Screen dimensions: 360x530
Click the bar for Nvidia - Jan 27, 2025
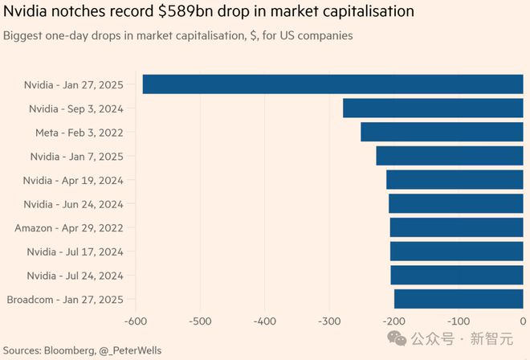point(332,84)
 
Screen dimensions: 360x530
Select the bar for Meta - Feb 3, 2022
point(442,132)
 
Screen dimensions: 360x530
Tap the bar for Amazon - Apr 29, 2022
point(457,227)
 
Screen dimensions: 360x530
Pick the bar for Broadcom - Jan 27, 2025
point(459,300)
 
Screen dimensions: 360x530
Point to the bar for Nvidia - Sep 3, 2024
point(434,108)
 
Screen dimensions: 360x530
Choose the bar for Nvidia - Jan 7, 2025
point(450,156)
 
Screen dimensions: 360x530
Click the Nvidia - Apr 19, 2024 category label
point(72,180)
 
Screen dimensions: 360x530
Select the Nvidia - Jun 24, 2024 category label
point(73,204)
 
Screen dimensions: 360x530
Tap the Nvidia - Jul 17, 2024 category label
point(75,252)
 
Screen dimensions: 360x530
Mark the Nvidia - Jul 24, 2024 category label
point(75,276)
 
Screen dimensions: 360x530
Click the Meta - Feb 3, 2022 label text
point(79,133)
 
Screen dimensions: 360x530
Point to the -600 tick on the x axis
point(135,321)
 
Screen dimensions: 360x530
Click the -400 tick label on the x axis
point(264,321)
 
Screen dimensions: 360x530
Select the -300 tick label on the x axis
point(329,321)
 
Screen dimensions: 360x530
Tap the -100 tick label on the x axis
point(459,321)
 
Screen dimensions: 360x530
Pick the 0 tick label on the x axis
point(523,321)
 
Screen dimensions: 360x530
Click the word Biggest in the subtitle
point(26,36)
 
